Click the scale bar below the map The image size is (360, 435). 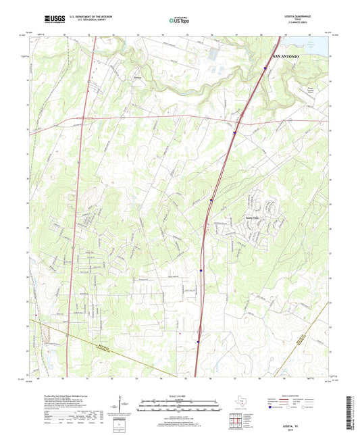coord(179,407)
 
